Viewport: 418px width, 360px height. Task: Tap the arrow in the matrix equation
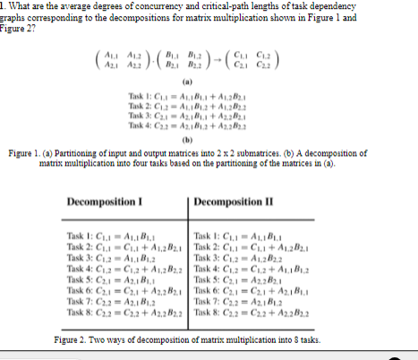tap(218, 45)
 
